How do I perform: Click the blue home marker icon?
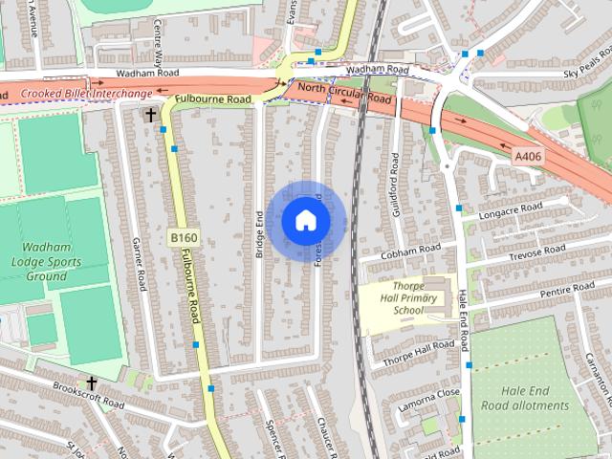(x=305, y=220)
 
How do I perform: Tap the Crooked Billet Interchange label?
(x=87, y=94)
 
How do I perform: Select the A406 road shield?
(x=528, y=156)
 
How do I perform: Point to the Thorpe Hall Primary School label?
(x=407, y=297)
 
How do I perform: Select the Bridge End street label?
(x=259, y=231)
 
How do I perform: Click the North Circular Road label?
(x=345, y=93)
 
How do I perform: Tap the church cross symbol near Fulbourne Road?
(x=149, y=115)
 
